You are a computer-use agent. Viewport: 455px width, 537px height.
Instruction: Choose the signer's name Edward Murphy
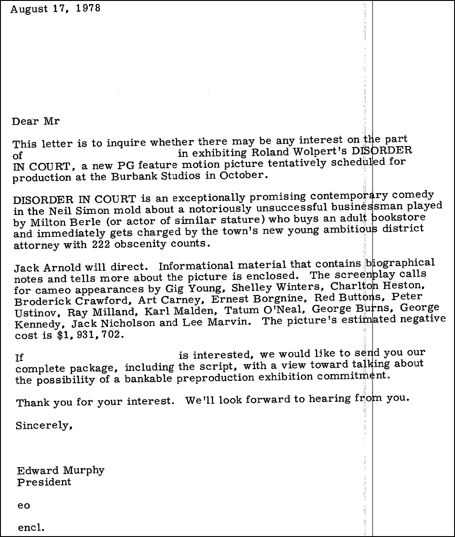61,471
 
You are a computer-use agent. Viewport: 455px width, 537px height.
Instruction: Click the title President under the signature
44,482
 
